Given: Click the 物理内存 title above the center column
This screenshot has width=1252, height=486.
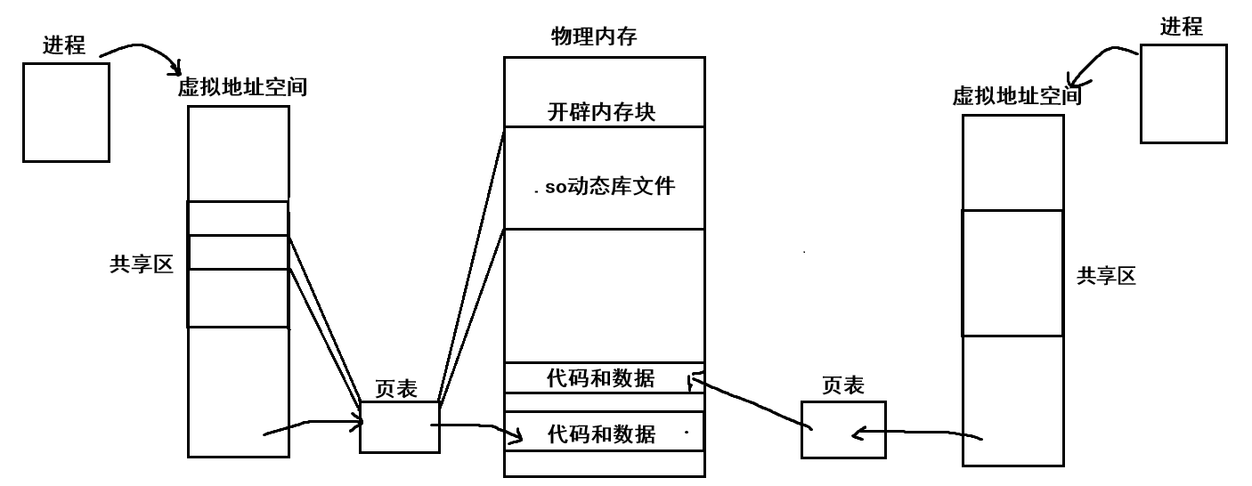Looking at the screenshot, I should coord(594,36).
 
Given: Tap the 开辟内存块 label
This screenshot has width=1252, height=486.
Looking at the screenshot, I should coord(602,113).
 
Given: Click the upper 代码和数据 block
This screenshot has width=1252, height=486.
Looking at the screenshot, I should coord(601,378).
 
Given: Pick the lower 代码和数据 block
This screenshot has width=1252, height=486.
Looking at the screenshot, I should coord(601,433).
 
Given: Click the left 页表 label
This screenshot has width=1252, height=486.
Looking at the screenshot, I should coord(396,389).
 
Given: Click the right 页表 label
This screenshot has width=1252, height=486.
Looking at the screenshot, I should coord(842,385).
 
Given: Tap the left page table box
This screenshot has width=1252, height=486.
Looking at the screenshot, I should coord(400,426).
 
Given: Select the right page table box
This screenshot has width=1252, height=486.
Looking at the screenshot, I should coord(842,429).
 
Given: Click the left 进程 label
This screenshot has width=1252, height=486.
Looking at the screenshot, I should coord(64,45).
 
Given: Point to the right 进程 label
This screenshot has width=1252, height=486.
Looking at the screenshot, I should coord(1181,28).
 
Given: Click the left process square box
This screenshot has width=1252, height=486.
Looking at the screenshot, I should coord(66,112).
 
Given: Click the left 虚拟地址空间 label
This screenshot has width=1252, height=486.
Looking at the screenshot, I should coord(242,87).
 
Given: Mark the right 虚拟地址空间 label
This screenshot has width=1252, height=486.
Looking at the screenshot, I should coord(1017,95).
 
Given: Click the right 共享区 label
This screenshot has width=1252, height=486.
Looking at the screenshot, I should coord(1106,276).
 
